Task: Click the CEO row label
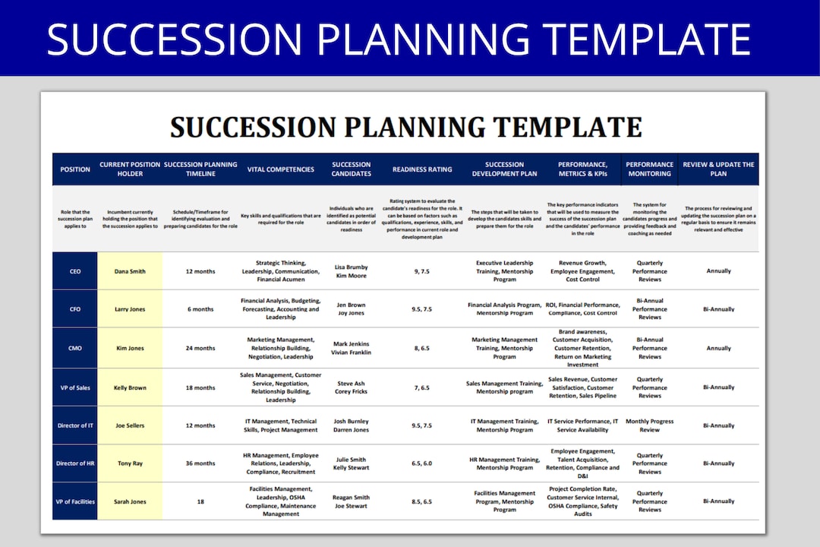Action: coord(74,271)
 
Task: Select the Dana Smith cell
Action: coord(130,271)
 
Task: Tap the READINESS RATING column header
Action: coord(421,169)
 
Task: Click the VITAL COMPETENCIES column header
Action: coord(280,169)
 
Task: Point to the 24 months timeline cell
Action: coord(200,348)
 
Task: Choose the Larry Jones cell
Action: coord(130,309)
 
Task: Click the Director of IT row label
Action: coord(74,425)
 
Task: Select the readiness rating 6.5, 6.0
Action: coord(421,463)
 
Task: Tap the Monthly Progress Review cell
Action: coord(649,425)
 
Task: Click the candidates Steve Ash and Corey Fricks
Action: coord(351,387)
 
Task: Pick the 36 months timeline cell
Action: coord(200,463)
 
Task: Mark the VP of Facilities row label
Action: coord(74,501)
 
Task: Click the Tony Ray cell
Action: coord(130,463)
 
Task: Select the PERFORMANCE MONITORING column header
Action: coord(649,169)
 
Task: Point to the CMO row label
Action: coord(74,348)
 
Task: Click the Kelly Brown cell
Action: coord(130,387)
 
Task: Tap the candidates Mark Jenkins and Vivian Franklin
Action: coord(351,348)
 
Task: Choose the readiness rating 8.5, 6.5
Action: coord(421,501)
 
